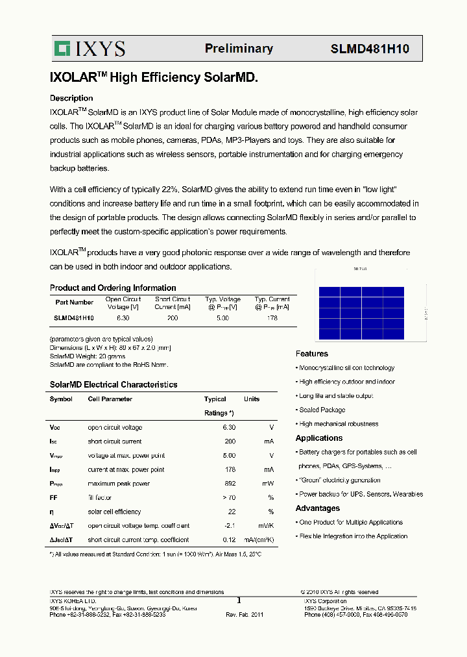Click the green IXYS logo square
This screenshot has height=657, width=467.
62,49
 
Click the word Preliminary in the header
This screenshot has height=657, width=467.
239,49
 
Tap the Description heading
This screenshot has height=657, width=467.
71,98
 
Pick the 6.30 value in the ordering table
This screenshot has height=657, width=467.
123,318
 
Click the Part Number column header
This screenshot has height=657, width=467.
74,303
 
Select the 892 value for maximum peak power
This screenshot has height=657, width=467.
228,484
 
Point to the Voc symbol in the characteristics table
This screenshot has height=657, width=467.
54,428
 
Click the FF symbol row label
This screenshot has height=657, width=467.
53,498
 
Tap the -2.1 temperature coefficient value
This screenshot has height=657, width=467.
228,526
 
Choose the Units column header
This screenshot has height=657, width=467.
252,399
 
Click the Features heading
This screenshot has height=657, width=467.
312,354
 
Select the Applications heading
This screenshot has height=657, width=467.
319,438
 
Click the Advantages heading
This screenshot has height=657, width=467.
318,508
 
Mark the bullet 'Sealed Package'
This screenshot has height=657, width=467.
322,410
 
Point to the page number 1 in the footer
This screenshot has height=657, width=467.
238,601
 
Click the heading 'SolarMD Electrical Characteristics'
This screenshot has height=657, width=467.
114,385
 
